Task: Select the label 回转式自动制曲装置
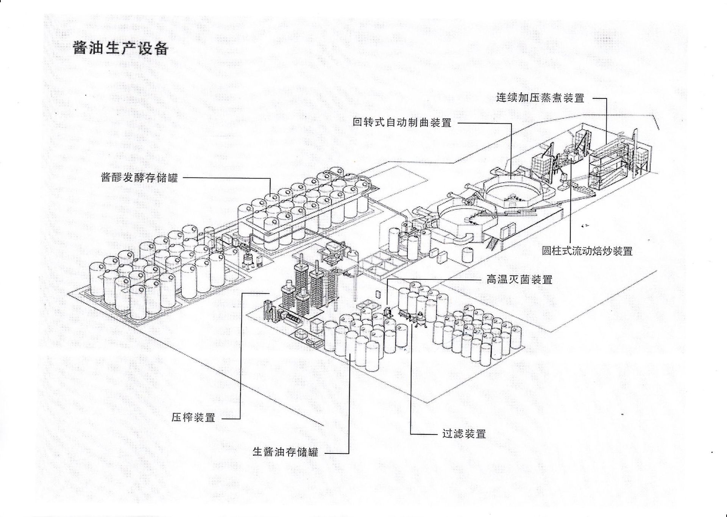pos(402,123)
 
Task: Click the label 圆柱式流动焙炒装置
pos(587,251)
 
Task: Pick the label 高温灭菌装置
pos(519,280)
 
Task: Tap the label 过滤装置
pos(464,434)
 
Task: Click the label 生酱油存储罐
pos(285,452)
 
